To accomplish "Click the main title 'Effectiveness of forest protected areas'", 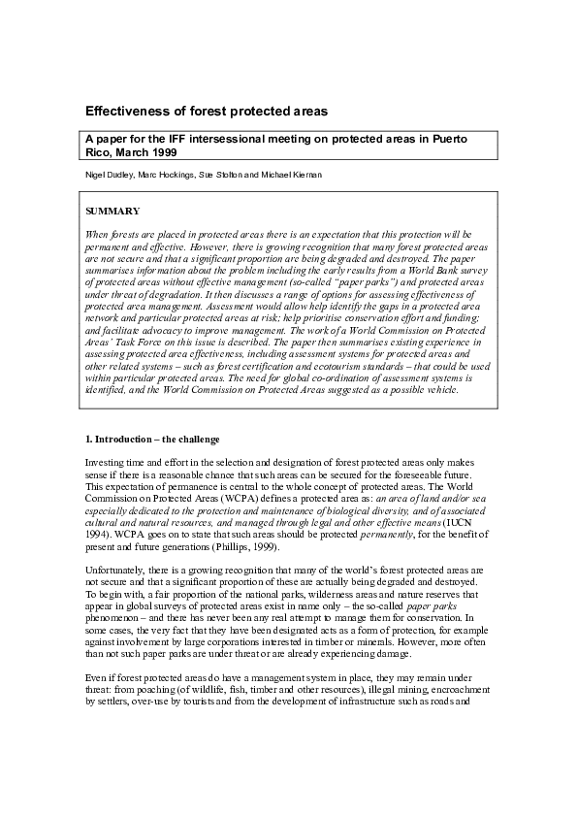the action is click(206, 112).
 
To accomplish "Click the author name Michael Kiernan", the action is click(296, 175).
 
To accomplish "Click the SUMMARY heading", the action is click(112, 211).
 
